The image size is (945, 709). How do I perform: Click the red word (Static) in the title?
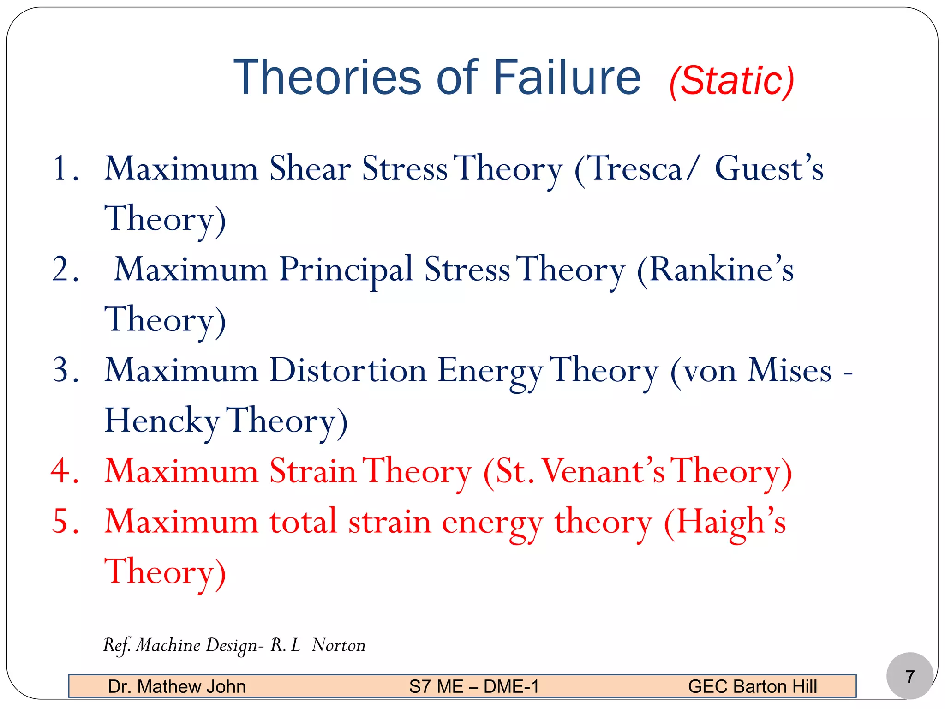pos(732,81)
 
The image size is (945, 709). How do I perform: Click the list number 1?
pos(65,168)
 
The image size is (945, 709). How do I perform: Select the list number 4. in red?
pos(65,471)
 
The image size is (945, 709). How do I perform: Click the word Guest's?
pos(769,168)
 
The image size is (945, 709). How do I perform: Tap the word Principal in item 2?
pos(346,270)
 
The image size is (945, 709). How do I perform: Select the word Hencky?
pos(162,421)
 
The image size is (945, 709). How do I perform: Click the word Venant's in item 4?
pos(603,471)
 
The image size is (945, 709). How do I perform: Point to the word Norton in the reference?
pos(338,645)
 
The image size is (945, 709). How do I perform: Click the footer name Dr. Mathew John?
pos(176,686)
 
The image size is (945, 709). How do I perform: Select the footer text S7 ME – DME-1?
pos(474,686)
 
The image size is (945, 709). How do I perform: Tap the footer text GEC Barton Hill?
pos(752,686)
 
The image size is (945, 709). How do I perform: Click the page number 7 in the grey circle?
pos(909,677)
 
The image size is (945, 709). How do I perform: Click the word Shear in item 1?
pos(310,168)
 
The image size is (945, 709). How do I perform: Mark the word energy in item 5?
pos(492,523)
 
